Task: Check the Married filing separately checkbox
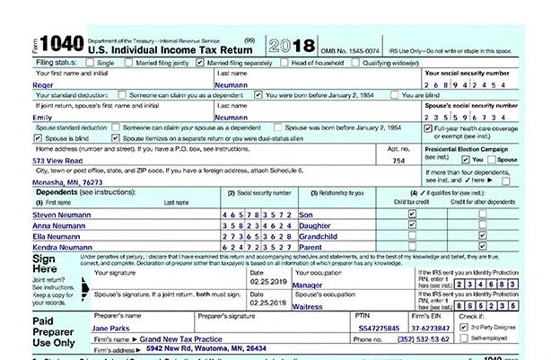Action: coord(211,40)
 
